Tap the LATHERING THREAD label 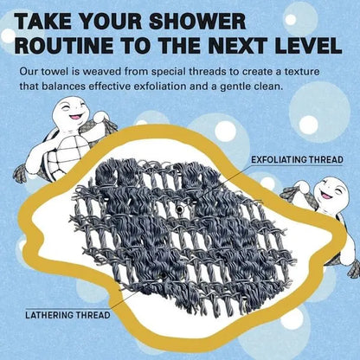coord(67,315)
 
